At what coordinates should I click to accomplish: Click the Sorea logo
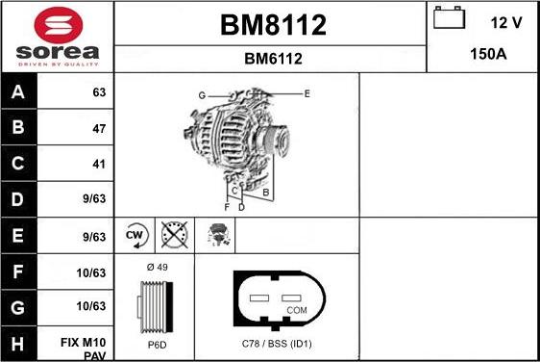tap(57, 37)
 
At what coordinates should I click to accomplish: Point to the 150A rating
tap(487, 55)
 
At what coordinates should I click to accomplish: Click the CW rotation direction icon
tap(136, 235)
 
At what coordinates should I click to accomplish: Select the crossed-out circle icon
tap(173, 235)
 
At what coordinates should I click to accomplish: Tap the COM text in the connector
tap(297, 310)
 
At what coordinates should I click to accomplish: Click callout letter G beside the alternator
tap(202, 94)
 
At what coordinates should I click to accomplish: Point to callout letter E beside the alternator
tap(307, 93)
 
